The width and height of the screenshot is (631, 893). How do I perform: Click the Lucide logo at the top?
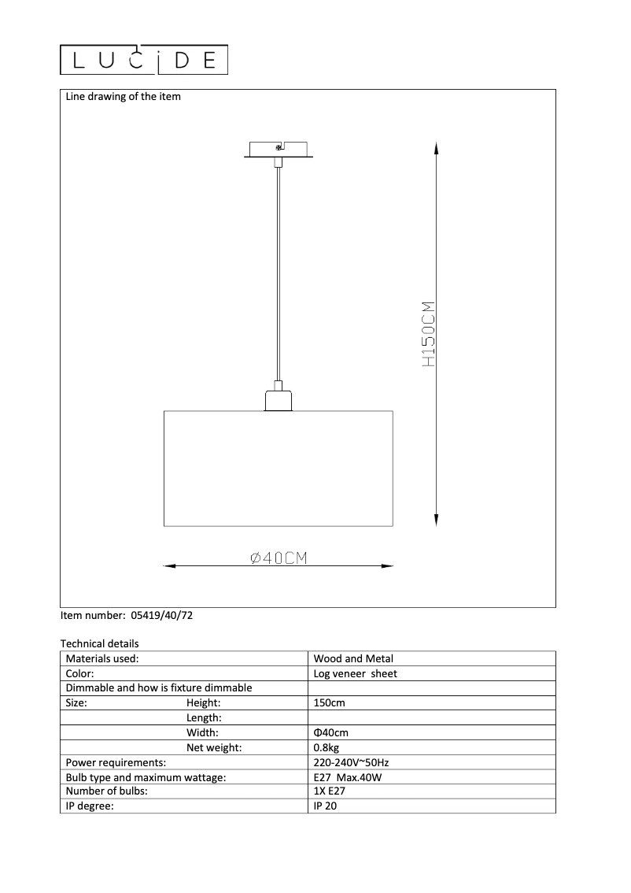point(145,60)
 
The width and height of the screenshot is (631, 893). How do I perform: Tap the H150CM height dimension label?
point(428,334)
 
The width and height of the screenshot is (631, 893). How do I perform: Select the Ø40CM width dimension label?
point(278,558)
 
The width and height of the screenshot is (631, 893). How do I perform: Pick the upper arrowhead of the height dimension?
point(436,147)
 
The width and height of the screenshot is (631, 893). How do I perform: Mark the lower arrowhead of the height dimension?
point(436,520)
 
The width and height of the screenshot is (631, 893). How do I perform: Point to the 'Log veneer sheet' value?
point(355,673)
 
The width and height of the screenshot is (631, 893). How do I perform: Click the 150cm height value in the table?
point(329,702)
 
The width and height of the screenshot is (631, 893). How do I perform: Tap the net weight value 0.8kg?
point(326,747)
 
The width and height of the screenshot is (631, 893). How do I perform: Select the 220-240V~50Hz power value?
point(351,762)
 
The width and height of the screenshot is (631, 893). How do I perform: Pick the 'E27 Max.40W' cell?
point(346,777)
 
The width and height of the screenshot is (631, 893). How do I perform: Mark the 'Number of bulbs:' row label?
point(107,791)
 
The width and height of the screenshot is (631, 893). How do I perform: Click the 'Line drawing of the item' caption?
point(123,97)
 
